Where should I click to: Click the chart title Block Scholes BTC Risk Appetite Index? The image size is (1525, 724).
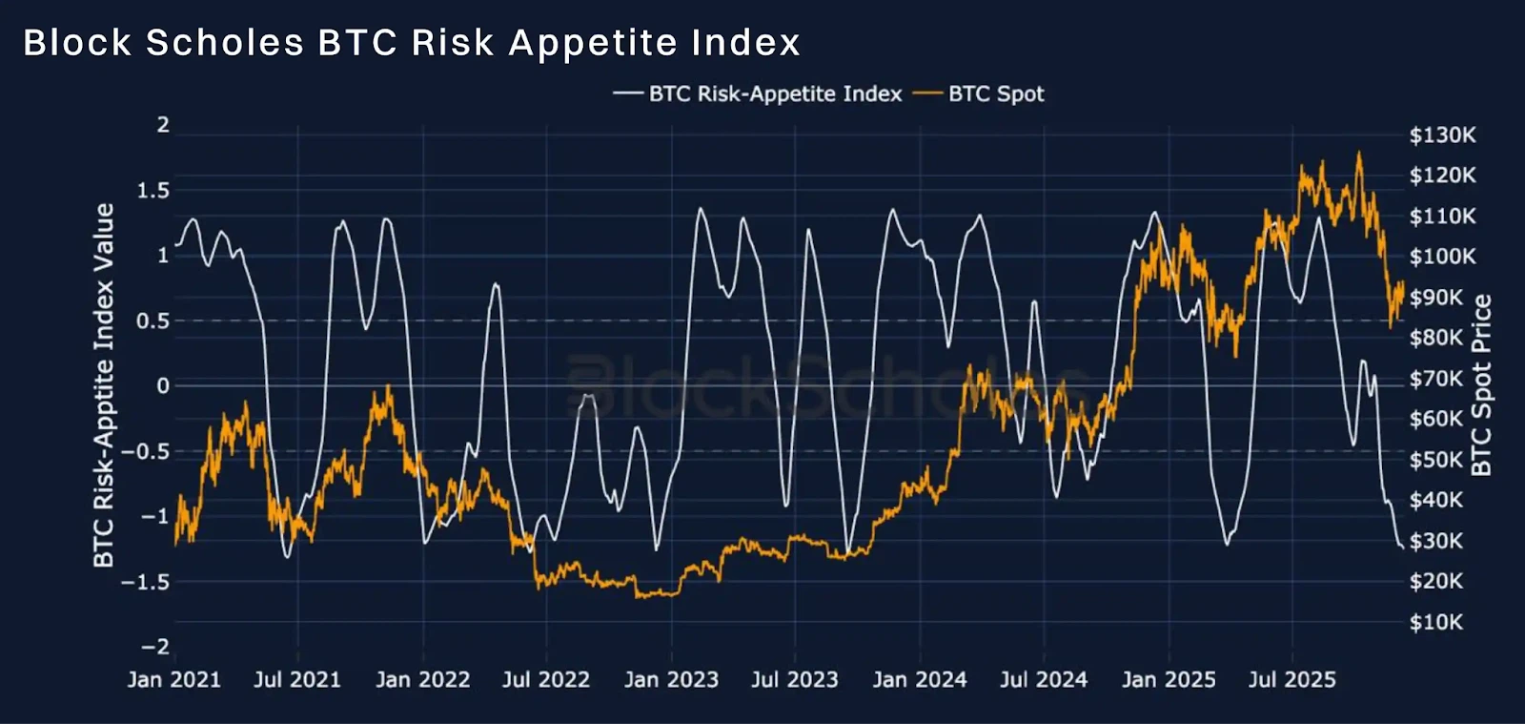coord(412,42)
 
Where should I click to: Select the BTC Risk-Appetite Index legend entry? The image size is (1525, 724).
coord(757,94)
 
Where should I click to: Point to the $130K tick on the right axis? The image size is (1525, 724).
coord(1443,134)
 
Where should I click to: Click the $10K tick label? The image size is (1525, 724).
coord(1435,622)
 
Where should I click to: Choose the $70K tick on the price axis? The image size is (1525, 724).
coord(1435,378)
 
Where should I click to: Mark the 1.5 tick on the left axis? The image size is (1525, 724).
coord(153,191)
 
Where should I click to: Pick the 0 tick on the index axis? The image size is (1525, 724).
coord(163,386)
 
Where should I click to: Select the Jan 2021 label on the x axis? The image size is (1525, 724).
coord(174,680)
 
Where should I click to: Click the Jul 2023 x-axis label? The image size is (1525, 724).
coord(795,680)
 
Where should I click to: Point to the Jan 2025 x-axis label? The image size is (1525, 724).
coord(1169,680)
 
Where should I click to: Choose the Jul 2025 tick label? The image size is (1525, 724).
coord(1292,680)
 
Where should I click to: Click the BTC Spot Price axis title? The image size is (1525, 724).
coord(1482,384)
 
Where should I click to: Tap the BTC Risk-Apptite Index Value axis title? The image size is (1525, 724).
coord(104,384)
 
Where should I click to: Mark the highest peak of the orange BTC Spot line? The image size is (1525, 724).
coord(1359,153)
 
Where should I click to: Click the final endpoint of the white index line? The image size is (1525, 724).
coord(1402,547)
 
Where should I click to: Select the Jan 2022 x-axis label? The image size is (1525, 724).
coord(423,680)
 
